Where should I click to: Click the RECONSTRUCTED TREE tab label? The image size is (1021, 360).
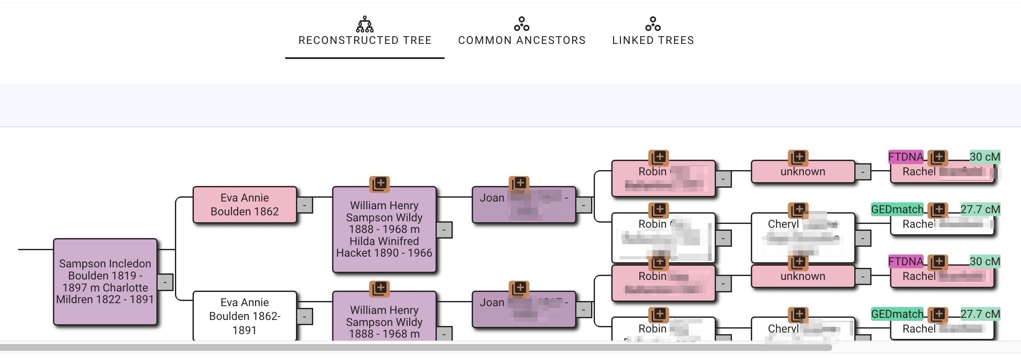[365, 40]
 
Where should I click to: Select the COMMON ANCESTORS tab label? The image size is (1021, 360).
[522, 40]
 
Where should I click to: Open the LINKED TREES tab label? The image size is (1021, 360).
[653, 40]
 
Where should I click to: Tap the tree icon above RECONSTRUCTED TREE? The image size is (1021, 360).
[365, 25]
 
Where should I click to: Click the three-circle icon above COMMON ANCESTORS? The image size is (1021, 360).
[522, 24]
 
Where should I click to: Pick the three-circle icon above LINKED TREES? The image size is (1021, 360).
[653, 24]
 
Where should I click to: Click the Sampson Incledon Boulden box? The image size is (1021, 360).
[105, 282]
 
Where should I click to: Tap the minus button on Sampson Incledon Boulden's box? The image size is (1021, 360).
[165, 282]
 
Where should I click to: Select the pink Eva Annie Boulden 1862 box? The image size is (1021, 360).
[245, 205]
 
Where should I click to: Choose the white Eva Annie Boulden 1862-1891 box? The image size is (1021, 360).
[245, 316]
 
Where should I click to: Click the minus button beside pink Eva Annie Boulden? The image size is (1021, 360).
[305, 205]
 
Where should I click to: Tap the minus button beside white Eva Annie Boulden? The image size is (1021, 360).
[305, 317]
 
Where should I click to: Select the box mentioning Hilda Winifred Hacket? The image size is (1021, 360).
[384, 229]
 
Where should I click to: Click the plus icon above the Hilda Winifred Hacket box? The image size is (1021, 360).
[380, 184]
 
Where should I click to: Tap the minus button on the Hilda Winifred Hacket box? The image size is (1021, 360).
[444, 230]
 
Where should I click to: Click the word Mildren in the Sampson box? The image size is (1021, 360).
[76, 300]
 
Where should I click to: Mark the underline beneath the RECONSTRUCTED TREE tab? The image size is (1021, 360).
[365, 58]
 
